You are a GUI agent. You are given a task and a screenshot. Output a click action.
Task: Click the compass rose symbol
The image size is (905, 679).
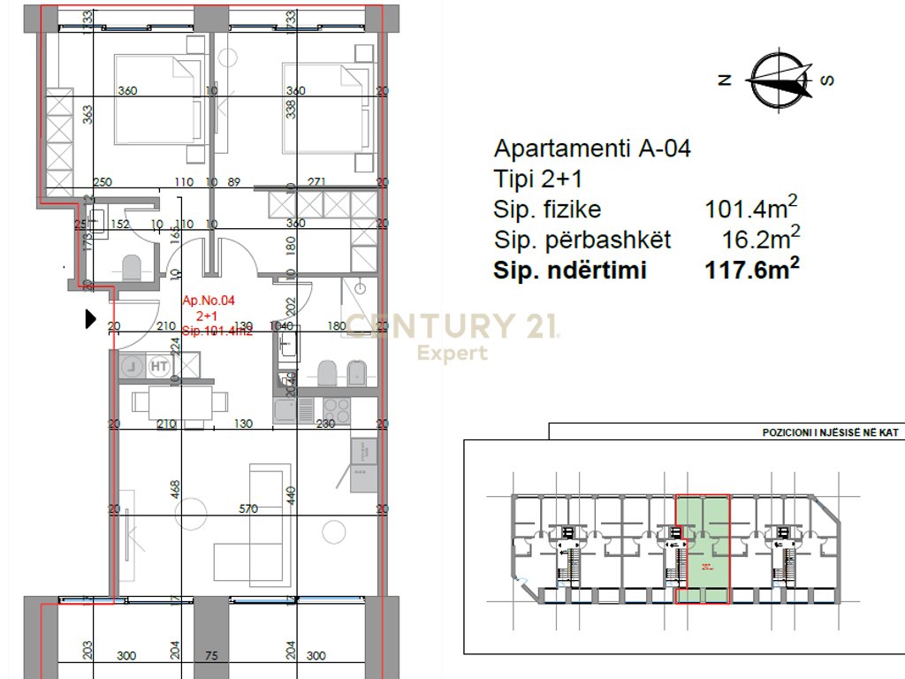click(x=778, y=80)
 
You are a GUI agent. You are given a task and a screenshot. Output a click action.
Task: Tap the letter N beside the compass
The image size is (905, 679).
click(x=725, y=80)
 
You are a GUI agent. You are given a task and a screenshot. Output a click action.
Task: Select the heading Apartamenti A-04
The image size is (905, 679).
click(x=591, y=148)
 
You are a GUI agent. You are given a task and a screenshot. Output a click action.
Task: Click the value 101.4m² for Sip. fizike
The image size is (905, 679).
click(x=751, y=209)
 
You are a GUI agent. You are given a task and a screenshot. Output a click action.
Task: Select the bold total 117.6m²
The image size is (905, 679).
click(x=751, y=271)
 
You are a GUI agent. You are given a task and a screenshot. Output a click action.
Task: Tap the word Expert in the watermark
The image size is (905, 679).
click(x=452, y=354)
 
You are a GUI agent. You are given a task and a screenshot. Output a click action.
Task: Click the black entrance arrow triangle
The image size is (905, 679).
click(x=89, y=319)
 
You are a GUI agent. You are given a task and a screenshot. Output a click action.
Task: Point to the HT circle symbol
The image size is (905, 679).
click(x=160, y=364)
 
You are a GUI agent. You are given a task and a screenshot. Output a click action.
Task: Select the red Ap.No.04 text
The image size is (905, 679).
click(x=209, y=301)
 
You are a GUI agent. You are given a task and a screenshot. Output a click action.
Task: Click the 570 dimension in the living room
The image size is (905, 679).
click(x=248, y=508)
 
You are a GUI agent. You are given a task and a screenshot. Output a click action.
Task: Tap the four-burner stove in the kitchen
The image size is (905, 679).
click(x=336, y=409)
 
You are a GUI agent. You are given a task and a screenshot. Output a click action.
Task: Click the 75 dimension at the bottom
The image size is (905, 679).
click(x=210, y=656)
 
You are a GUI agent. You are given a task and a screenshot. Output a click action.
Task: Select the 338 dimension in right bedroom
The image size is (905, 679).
click(x=292, y=109)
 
